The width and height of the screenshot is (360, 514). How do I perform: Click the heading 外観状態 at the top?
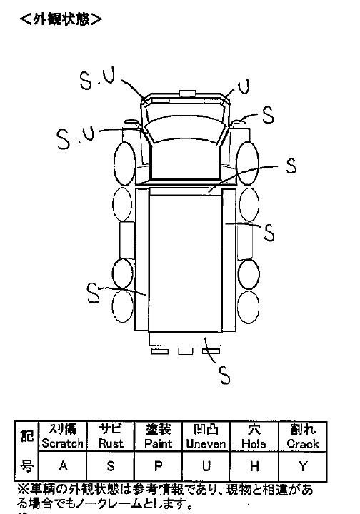61,19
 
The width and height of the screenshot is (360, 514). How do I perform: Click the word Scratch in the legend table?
62,443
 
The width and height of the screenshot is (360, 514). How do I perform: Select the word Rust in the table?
111,443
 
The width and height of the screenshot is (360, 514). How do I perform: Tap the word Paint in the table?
158,443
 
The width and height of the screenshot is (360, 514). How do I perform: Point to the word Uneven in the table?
206,444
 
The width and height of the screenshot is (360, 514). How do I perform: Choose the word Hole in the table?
254,444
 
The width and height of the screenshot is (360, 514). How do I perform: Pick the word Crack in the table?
303,444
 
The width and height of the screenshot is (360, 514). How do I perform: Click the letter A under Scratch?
63,465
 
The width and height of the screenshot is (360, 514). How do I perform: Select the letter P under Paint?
159,465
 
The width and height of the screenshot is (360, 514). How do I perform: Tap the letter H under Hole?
254,465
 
